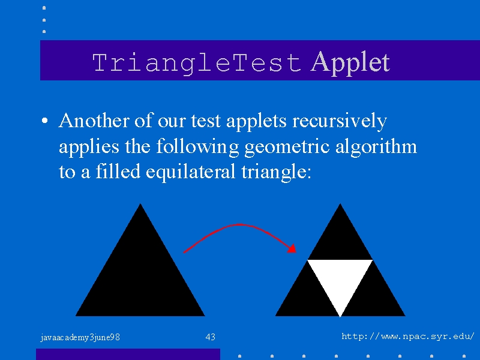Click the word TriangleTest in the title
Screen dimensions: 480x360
[x=197, y=63]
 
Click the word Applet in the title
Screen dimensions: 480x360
[x=350, y=63]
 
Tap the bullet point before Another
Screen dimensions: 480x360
[x=44, y=121]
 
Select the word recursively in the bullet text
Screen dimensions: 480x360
[x=340, y=122]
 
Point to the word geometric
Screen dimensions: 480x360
[x=287, y=147]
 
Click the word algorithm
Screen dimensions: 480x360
[x=376, y=147]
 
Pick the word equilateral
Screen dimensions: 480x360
[x=190, y=172]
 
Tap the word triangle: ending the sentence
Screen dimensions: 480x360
[x=276, y=172]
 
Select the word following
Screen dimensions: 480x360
[x=197, y=147]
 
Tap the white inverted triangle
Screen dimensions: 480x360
[x=340, y=278]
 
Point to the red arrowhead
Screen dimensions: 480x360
[x=292, y=248]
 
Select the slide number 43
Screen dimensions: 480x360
[x=211, y=337]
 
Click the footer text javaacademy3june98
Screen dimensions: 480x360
[x=80, y=337]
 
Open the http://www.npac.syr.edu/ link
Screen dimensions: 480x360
[x=408, y=337]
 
